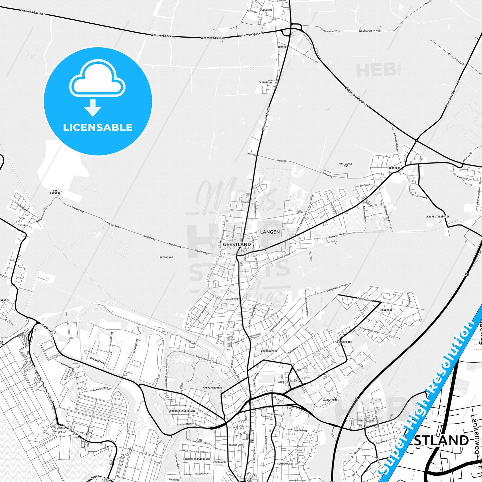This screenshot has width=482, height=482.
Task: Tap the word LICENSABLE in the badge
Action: (x=98, y=127)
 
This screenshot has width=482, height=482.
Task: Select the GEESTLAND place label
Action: (x=237, y=245)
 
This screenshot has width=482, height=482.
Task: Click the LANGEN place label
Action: (x=270, y=232)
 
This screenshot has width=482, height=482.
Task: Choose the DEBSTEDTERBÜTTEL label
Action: (x=437, y=216)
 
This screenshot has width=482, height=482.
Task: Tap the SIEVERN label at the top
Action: (x=267, y=10)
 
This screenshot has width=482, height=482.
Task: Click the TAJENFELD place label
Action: (x=265, y=82)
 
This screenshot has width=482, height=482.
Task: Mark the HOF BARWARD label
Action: (x=55, y=192)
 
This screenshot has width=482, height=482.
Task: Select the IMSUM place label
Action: (x=22, y=225)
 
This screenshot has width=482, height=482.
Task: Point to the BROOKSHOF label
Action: (x=166, y=258)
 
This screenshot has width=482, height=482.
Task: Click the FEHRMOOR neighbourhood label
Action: (x=386, y=310)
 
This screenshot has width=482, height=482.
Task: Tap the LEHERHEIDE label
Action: (x=345, y=342)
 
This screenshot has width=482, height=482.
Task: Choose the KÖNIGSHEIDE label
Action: (x=269, y=351)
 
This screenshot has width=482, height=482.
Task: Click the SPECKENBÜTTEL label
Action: (x=212, y=388)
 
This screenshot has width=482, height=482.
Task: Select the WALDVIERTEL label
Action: (x=331, y=400)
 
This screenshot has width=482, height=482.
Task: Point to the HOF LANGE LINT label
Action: (x=345, y=165)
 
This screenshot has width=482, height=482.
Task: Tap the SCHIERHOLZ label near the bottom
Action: (x=285, y=464)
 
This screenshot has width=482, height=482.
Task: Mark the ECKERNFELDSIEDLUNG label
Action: (x=196, y=459)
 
